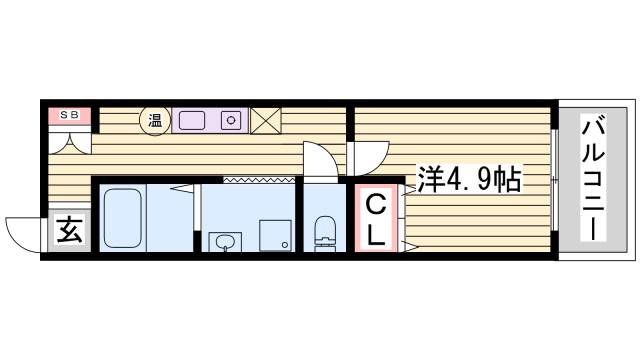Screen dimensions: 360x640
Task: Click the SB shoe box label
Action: point(68,116)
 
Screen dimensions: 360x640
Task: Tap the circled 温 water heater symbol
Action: point(155,120)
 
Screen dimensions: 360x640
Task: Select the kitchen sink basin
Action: point(191,120)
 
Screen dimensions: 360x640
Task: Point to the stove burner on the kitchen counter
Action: point(230,120)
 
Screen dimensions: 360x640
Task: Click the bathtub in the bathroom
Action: point(124,218)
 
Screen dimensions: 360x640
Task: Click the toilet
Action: point(323,233)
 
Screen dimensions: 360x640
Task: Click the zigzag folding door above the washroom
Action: point(258,179)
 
